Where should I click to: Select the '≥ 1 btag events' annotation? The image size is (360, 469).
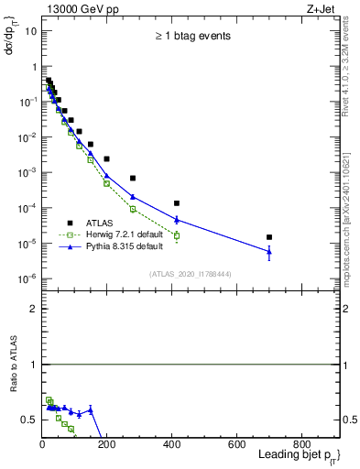point(191,36)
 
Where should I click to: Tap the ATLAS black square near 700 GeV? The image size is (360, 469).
point(269,237)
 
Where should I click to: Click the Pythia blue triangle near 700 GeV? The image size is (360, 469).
point(269,250)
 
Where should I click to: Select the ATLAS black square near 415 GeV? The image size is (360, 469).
point(177,203)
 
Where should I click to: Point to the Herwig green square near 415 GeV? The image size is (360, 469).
point(177,235)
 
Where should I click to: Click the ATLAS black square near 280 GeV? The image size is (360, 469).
point(133,178)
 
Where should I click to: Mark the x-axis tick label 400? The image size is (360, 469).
point(171,444)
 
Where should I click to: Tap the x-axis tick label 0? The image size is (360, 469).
point(42,444)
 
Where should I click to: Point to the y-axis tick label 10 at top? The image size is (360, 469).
point(30,30)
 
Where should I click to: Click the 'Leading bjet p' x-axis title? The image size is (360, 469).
point(298,457)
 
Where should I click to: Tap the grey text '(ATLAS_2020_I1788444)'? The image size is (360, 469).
point(191,274)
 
